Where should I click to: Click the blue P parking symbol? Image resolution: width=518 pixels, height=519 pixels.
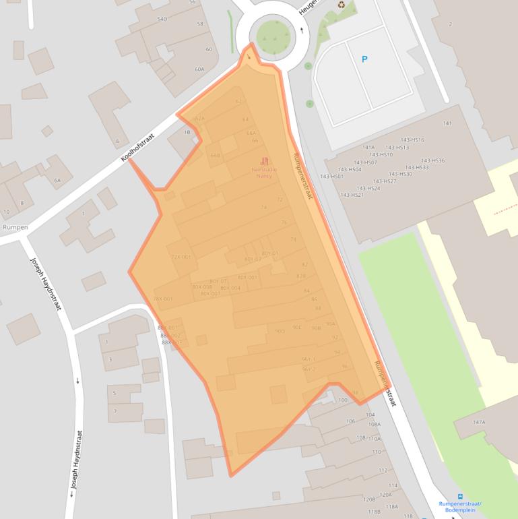[364, 59]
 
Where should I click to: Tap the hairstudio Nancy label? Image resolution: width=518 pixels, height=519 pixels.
[264, 172]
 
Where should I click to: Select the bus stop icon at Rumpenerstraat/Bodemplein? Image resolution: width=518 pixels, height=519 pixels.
[460, 497]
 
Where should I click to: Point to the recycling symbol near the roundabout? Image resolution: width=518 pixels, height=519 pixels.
[341, 5]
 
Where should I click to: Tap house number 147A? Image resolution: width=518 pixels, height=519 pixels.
[479, 422]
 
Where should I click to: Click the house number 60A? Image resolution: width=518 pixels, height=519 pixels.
[199, 69]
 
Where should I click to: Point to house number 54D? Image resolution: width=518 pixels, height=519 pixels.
[162, 19]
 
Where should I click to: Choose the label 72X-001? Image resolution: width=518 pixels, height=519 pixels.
[181, 257]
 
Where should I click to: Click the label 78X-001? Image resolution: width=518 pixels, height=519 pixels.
[163, 299]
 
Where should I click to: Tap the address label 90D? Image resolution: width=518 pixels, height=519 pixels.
[280, 331]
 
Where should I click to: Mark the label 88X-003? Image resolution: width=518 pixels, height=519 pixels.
[171, 342]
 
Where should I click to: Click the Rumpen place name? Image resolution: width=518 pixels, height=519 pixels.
[15, 228]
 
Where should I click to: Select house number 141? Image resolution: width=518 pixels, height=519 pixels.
[447, 124]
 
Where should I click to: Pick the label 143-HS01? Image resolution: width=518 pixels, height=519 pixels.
[331, 177]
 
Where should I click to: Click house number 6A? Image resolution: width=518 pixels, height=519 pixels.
[57, 181]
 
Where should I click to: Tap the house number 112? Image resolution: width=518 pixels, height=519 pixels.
[383, 470]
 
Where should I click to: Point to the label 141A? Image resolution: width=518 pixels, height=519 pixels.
[368, 147]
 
